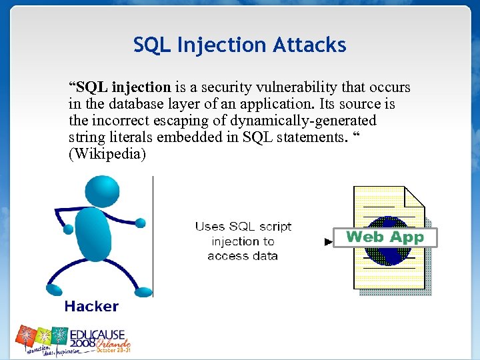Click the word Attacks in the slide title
coord(311,45)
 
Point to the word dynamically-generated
coord(305,121)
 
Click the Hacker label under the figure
coord(91,307)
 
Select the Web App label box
coord(385,237)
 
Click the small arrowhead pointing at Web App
coord(328,242)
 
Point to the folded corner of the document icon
coord(414,196)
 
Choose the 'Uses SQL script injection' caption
coord(243,241)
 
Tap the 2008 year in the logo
coord(83,343)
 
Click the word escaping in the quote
coord(173,121)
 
